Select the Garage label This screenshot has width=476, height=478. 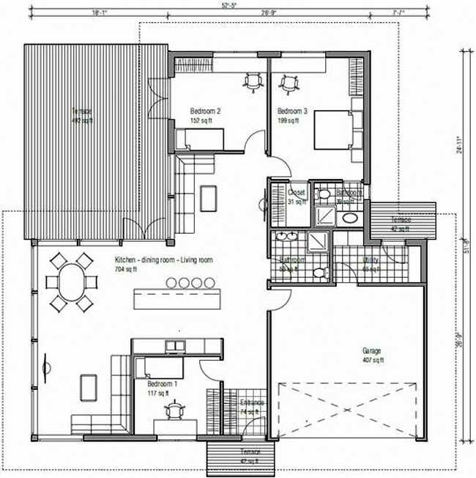372,350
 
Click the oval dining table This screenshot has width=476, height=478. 72,282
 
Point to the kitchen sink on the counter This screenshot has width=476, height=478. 174,345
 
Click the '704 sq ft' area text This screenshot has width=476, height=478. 127,269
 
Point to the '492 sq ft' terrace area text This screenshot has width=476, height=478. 81,121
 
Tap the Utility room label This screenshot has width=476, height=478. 372,260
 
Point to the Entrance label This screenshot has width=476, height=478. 251,403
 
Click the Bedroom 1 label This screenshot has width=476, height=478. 161,384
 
